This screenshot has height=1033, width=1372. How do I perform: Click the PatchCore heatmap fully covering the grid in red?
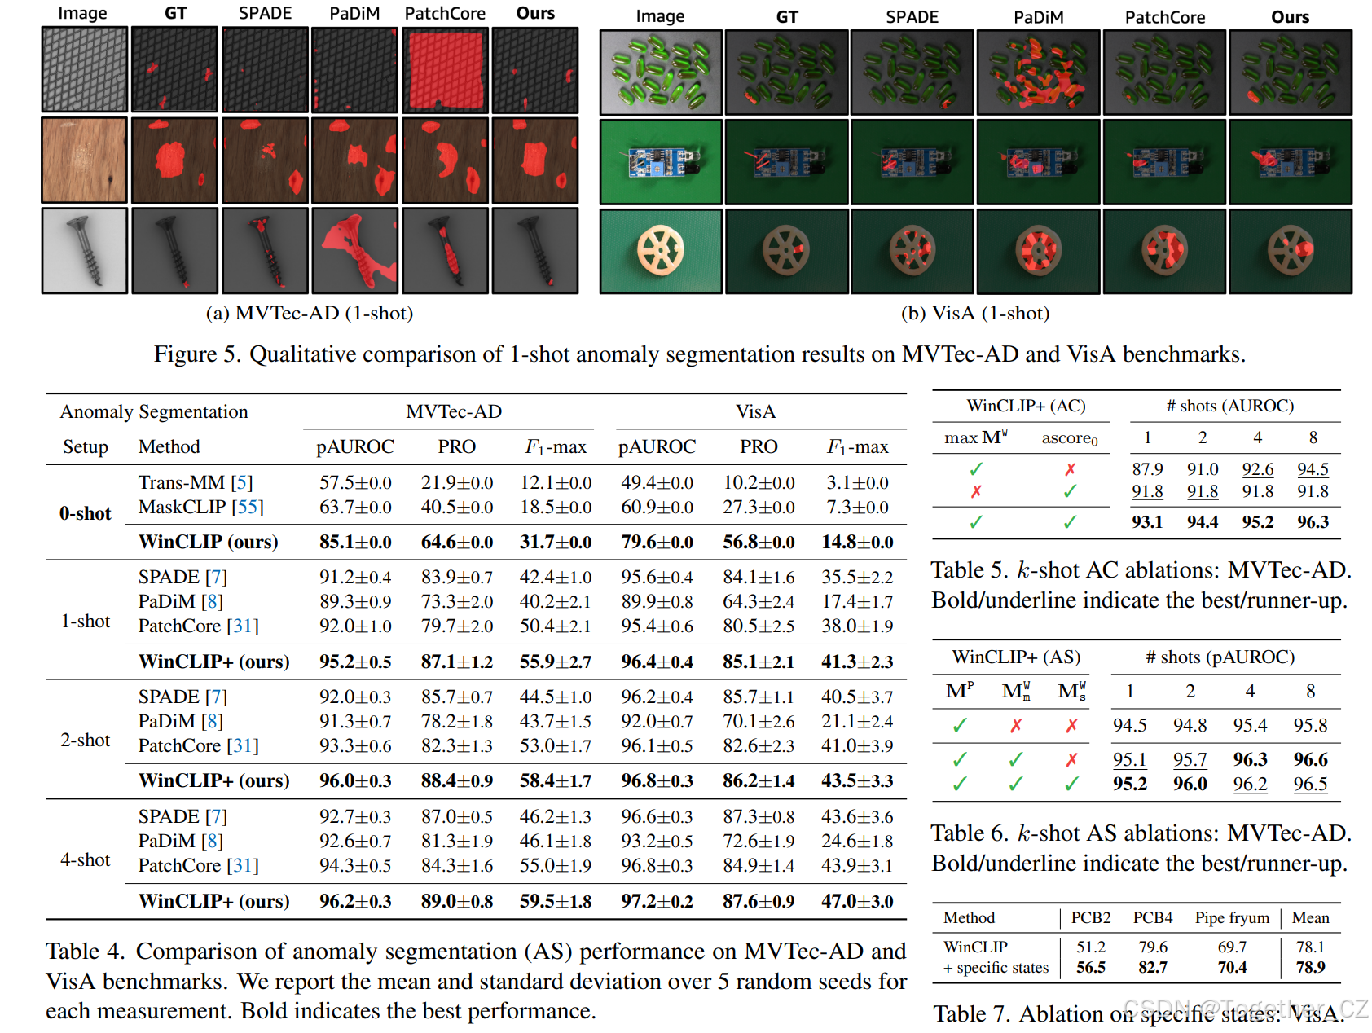[x=445, y=69]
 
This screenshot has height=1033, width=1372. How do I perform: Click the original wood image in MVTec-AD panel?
[x=85, y=160]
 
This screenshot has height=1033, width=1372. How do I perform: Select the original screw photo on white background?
[x=85, y=250]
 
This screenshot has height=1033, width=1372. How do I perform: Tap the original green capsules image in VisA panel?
[x=661, y=73]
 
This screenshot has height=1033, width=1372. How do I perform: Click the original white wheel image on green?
[x=661, y=250]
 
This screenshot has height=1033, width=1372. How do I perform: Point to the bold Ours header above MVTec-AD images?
[x=535, y=13]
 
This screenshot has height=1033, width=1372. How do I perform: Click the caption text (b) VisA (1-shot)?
[x=974, y=314]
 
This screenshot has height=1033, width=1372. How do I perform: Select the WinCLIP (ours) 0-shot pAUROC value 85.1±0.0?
[x=355, y=542]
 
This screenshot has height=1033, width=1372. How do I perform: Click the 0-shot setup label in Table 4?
[x=85, y=513]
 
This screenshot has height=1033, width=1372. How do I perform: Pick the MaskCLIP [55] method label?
[x=200, y=508]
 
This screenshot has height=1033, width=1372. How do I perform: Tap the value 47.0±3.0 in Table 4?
[x=857, y=902]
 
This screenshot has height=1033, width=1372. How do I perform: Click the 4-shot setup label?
[x=85, y=860]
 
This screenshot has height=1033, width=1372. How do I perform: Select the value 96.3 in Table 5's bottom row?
[x=1313, y=522]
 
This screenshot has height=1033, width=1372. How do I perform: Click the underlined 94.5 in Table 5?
[x=1313, y=469]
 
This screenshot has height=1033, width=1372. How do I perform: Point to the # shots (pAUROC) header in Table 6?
[x=1220, y=657]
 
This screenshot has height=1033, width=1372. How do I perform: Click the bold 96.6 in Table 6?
[x=1310, y=759]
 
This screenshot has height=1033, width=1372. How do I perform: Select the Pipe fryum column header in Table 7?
[x=1232, y=918]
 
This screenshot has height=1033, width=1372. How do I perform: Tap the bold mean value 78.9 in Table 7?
[x=1310, y=967]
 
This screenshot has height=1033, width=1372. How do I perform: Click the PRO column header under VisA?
[x=759, y=447]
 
